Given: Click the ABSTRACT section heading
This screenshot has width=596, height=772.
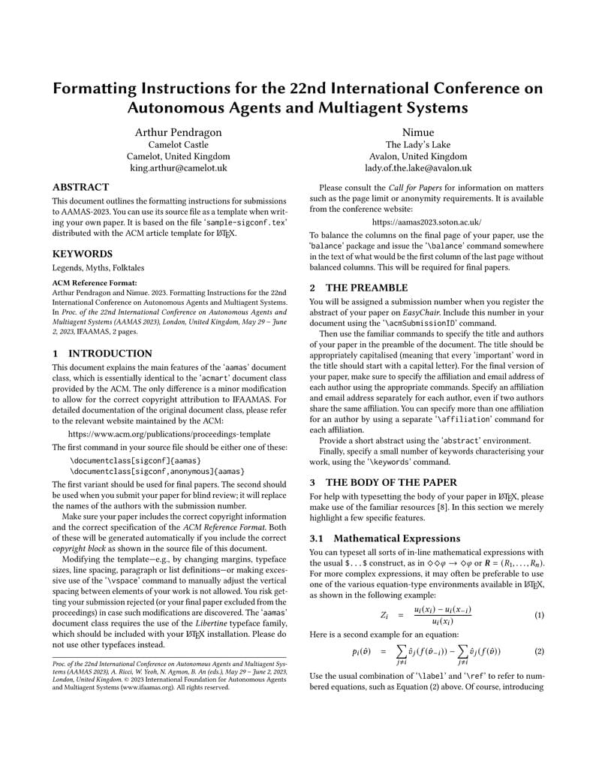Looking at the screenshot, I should point(80,187).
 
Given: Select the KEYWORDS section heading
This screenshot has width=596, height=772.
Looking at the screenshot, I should point(82,254).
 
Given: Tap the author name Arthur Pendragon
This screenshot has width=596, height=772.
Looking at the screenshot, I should point(178,132).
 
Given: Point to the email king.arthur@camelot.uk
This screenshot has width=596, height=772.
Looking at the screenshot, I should point(178,168).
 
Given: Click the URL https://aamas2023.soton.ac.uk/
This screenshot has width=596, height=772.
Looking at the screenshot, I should point(427,222).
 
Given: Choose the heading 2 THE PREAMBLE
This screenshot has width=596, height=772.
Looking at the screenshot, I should point(359,288).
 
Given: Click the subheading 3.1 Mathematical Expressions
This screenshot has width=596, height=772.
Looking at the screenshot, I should point(376,538).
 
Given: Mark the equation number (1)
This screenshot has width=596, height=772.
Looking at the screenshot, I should point(539,616).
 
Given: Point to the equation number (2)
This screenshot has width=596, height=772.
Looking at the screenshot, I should point(539,652).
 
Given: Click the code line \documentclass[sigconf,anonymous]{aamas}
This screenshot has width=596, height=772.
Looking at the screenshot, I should point(157,471).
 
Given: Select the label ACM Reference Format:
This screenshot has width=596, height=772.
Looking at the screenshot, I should point(95,283).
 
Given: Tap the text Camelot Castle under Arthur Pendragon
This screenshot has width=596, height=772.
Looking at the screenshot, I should point(178,144).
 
